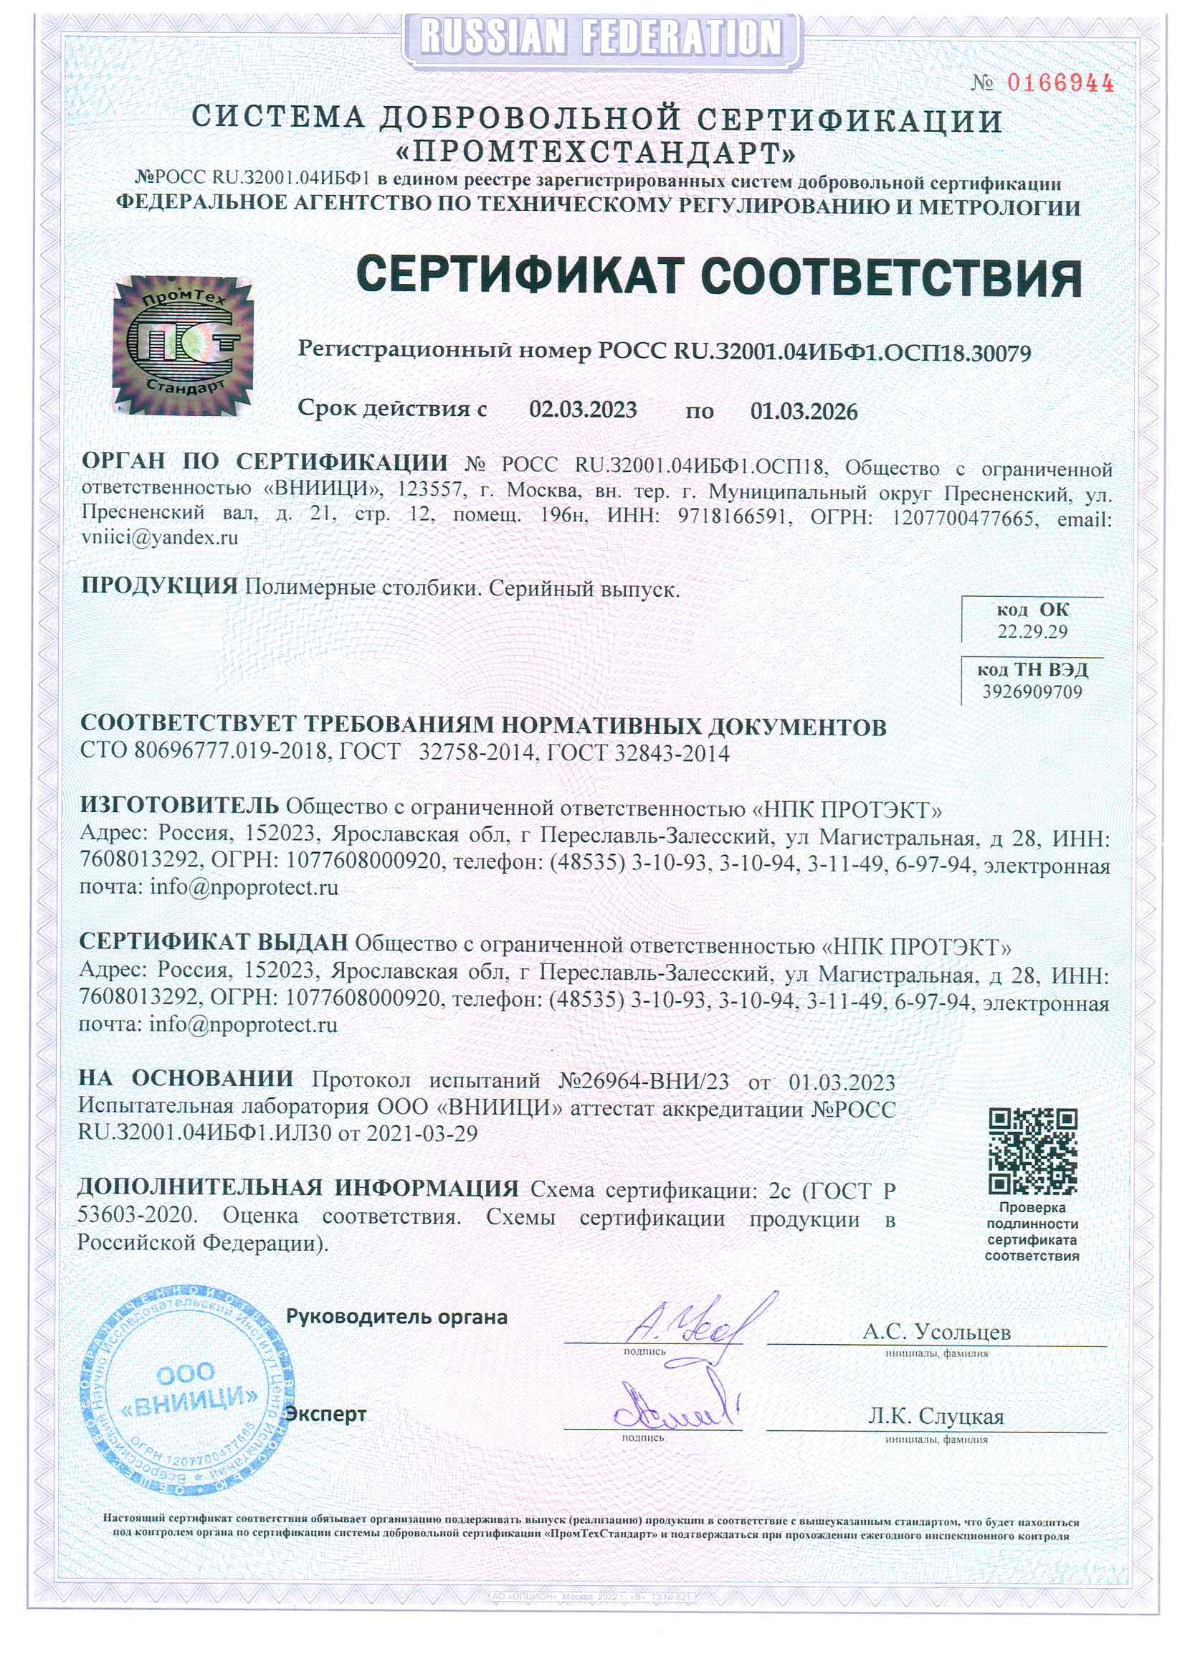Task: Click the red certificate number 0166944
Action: [x=1060, y=82]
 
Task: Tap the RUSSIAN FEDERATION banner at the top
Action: [x=601, y=36]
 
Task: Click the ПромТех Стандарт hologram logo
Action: [x=183, y=344]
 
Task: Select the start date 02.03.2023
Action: [x=583, y=409]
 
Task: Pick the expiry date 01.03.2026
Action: [x=804, y=411]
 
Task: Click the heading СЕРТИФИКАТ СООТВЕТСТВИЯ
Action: [x=718, y=277]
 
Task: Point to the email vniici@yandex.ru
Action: [x=160, y=537]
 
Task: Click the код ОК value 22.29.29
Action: [x=1032, y=632]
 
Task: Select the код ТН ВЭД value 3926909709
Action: [x=1032, y=691]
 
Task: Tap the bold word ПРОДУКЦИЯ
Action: [x=159, y=586]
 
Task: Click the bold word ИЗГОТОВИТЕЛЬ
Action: [x=179, y=805]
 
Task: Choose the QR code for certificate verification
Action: [x=1032, y=1151]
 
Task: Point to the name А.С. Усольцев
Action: [x=936, y=1331]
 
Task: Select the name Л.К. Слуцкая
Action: [x=936, y=1417]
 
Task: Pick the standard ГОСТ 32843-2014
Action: [x=637, y=753]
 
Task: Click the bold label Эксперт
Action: [x=326, y=1414]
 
